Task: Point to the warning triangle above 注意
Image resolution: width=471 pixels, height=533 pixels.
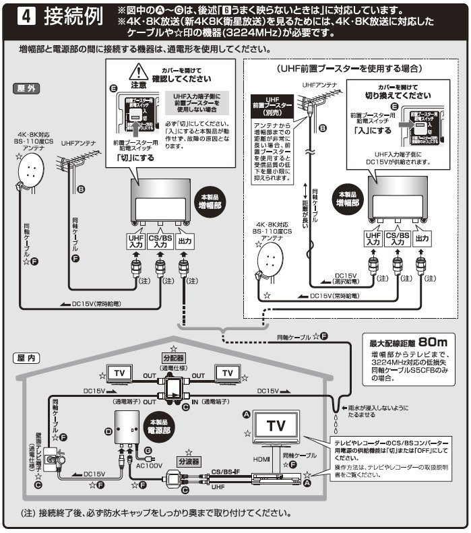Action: [x=139, y=72]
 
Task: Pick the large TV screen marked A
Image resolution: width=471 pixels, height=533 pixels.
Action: [x=277, y=426]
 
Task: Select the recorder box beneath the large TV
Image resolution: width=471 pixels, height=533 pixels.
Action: [x=276, y=478]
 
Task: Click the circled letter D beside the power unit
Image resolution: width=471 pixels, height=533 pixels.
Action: [x=108, y=428]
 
